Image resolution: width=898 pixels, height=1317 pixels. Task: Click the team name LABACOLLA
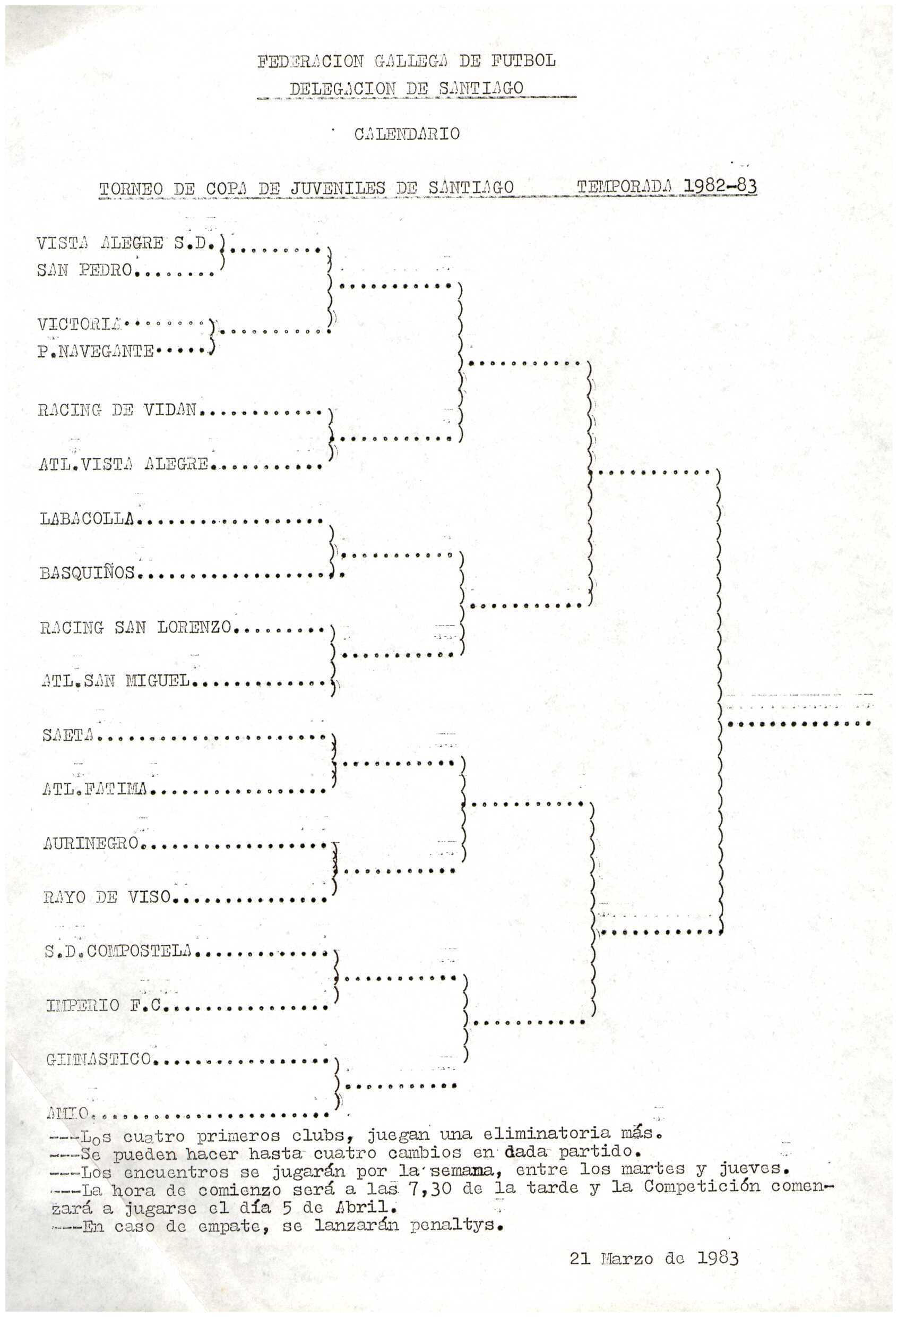coord(87,518)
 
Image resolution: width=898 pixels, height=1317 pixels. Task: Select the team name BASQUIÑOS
coord(87,573)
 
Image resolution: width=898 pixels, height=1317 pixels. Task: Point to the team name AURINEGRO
coord(91,843)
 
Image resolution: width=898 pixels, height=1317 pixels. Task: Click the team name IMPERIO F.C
coord(105,1005)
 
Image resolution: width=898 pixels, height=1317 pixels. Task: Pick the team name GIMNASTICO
coord(99,1058)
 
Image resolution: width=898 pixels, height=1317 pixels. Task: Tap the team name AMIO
coord(67,1113)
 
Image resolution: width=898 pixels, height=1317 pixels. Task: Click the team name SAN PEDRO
coord(84,270)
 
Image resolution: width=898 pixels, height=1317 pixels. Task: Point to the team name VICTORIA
coord(80,324)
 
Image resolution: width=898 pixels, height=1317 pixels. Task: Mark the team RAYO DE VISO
coord(107,896)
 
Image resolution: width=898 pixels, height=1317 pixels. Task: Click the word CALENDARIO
coord(407,134)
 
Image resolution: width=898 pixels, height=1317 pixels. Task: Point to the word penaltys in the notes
coord(456,1225)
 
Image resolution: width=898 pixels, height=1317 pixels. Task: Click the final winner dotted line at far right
coord(798,724)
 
